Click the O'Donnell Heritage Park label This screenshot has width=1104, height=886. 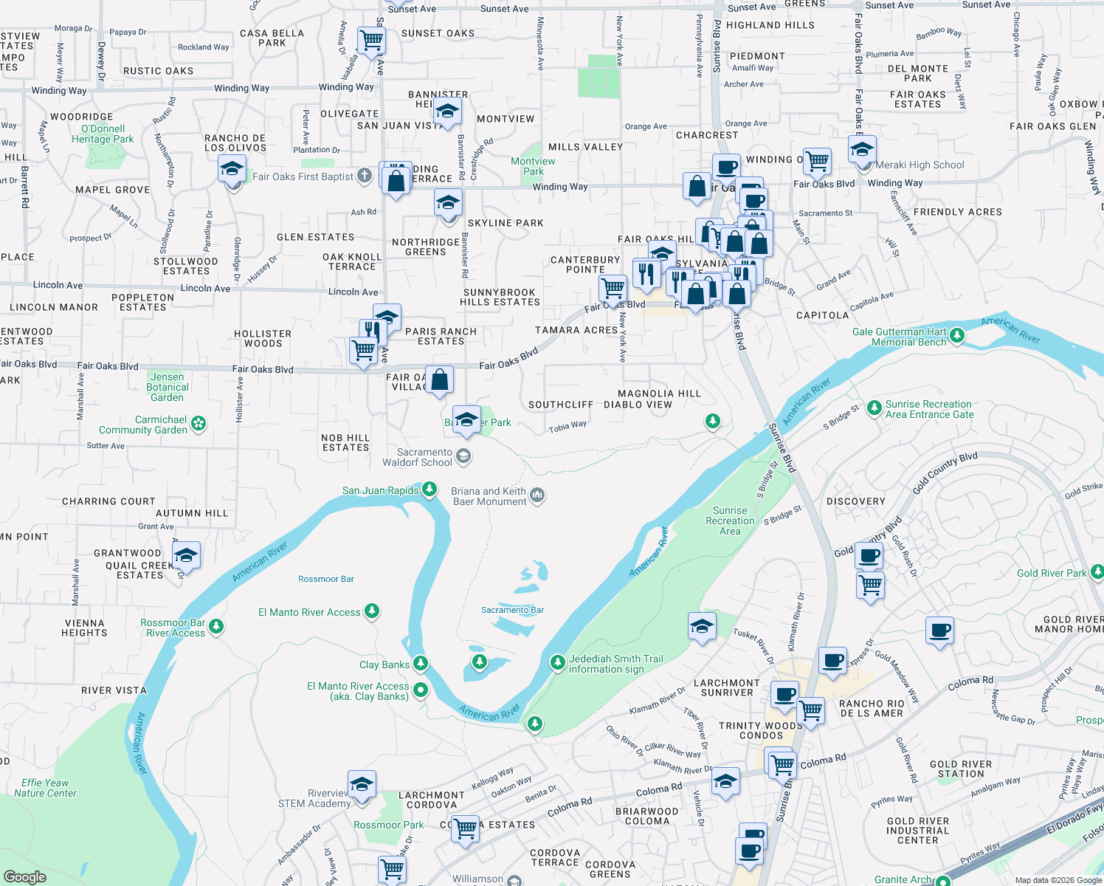point(103,134)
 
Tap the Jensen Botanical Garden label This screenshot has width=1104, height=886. point(168,387)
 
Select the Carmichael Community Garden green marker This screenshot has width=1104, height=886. point(199,424)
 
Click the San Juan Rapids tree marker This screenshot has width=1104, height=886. point(429,490)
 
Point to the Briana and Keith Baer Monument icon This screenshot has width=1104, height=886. point(538,495)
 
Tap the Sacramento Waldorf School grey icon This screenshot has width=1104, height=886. point(463,456)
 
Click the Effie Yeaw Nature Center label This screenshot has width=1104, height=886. point(45,788)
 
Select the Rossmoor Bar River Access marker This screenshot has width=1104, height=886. point(216,627)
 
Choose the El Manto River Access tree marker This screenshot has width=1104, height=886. point(372,611)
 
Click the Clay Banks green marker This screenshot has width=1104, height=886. point(421,663)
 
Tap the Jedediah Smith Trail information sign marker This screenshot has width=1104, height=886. point(558,662)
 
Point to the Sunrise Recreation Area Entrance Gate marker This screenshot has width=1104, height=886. point(874,408)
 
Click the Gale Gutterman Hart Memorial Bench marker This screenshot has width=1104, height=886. point(957,336)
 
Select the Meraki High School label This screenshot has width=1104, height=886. point(920,165)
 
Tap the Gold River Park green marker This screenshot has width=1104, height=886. point(1097,571)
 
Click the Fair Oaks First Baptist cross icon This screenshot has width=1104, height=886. point(365,176)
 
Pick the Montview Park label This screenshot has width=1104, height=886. point(533,166)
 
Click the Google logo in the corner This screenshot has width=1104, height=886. point(25,876)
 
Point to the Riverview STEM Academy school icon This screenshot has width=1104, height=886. point(362,784)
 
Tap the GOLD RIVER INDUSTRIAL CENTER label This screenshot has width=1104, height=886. point(917,831)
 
